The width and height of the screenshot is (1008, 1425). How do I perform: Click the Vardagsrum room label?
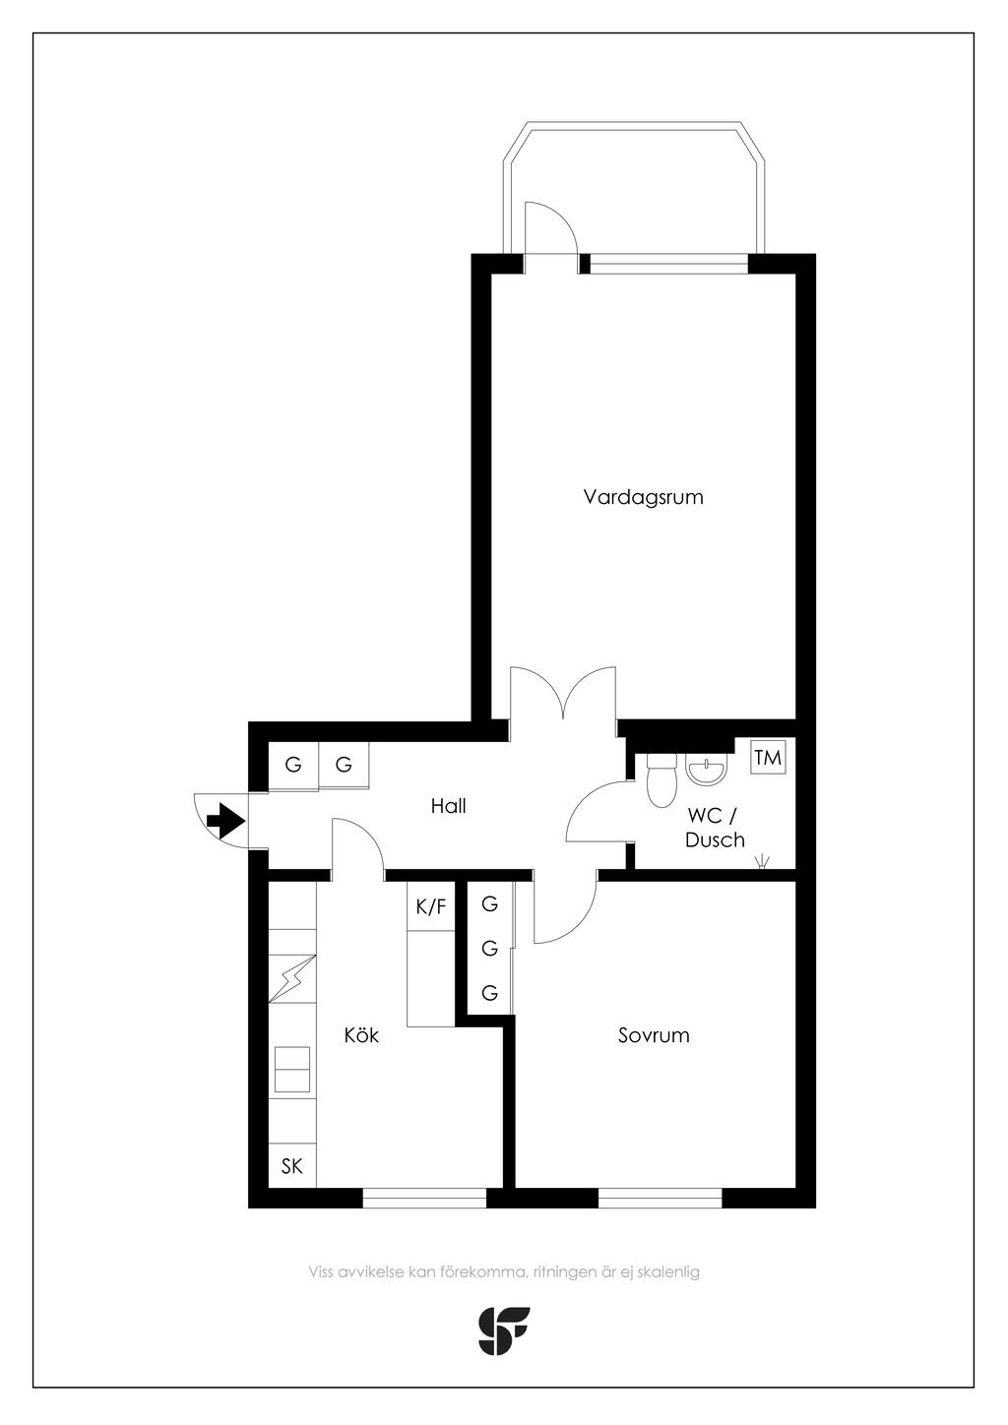click(644, 497)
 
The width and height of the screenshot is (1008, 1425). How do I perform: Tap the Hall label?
click(449, 806)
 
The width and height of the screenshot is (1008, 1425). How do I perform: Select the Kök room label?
click(361, 1035)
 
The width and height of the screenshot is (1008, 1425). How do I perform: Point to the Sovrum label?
click(654, 1035)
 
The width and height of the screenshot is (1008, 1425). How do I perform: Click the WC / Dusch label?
click(715, 828)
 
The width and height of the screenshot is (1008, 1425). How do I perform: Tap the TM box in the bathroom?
click(768, 758)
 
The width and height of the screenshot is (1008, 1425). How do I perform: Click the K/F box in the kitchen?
click(431, 906)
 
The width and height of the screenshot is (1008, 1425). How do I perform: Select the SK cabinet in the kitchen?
click(292, 1166)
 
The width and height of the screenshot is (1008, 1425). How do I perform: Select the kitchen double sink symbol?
click(292, 1070)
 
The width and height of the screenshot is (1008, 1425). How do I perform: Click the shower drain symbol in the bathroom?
click(762, 862)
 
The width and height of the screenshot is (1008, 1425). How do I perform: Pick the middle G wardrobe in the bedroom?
click(489, 949)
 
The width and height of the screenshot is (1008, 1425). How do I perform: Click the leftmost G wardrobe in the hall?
click(293, 764)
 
